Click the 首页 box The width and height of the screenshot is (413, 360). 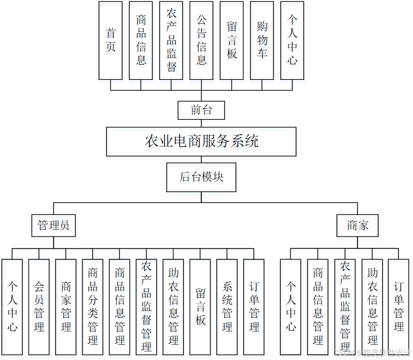point(110,40)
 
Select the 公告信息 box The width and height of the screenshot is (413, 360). point(201,40)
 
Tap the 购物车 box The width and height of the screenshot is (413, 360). point(262,40)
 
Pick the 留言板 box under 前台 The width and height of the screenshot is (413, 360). point(231,40)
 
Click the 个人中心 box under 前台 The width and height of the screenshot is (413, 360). point(292,40)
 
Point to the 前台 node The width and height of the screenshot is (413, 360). point(201,110)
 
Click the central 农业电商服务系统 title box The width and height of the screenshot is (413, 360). point(201,141)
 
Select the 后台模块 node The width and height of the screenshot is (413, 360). point(201,177)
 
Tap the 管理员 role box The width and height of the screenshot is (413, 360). point(54,225)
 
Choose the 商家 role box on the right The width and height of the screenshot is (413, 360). point(357,225)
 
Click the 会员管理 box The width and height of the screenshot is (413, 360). point(39,307)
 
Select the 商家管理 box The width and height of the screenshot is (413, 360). point(66,307)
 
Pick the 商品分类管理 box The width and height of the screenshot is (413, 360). point(93,307)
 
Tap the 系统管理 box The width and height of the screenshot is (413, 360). point(227,307)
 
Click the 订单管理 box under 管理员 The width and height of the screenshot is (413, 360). point(254,307)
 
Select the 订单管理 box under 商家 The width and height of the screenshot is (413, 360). point(398,307)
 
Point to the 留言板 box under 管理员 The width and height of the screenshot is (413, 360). point(200,307)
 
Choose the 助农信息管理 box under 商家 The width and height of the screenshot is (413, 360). point(372,307)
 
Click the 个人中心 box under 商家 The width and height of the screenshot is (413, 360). point(290,307)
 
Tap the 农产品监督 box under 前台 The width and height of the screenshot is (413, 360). point(171,40)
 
